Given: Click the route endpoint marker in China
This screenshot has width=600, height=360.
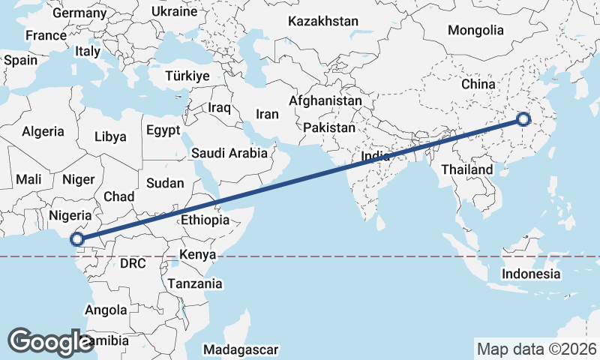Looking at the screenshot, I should pyautogui.click(x=523, y=118).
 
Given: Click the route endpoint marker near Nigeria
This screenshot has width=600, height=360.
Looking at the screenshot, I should pyautogui.click(x=76, y=239).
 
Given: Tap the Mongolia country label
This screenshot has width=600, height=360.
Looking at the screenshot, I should pyautogui.click(x=475, y=31).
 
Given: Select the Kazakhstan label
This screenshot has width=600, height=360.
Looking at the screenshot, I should pyautogui.click(x=323, y=22).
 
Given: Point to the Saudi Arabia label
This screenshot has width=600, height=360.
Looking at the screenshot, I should pyautogui.click(x=229, y=154).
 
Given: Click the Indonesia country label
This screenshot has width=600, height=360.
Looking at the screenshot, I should pyautogui.click(x=531, y=274).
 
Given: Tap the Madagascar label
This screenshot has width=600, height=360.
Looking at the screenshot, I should pyautogui.click(x=241, y=349).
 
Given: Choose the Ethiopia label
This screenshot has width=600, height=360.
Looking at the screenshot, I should pyautogui.click(x=205, y=220).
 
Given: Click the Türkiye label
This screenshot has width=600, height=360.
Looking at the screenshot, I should pyautogui.click(x=187, y=76).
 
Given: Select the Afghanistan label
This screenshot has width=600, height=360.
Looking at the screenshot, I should pyautogui.click(x=325, y=100).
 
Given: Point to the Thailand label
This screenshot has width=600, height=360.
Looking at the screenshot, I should pyautogui.click(x=467, y=170).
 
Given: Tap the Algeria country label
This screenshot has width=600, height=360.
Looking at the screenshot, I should pyautogui.click(x=43, y=132).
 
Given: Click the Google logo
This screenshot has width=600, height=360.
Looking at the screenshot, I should pyautogui.click(x=50, y=342).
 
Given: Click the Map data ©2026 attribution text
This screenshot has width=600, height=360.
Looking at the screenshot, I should pyautogui.click(x=536, y=349).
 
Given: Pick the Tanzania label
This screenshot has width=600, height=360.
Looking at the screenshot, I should pyautogui.click(x=195, y=284).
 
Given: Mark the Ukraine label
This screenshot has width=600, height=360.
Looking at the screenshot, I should pyautogui.click(x=174, y=12).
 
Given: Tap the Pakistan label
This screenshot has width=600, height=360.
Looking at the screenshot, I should pyautogui.click(x=330, y=128).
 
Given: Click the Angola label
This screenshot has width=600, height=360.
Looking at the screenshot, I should pyautogui.click(x=106, y=310).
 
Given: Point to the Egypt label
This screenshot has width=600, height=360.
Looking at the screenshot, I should pyautogui.click(x=163, y=130).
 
